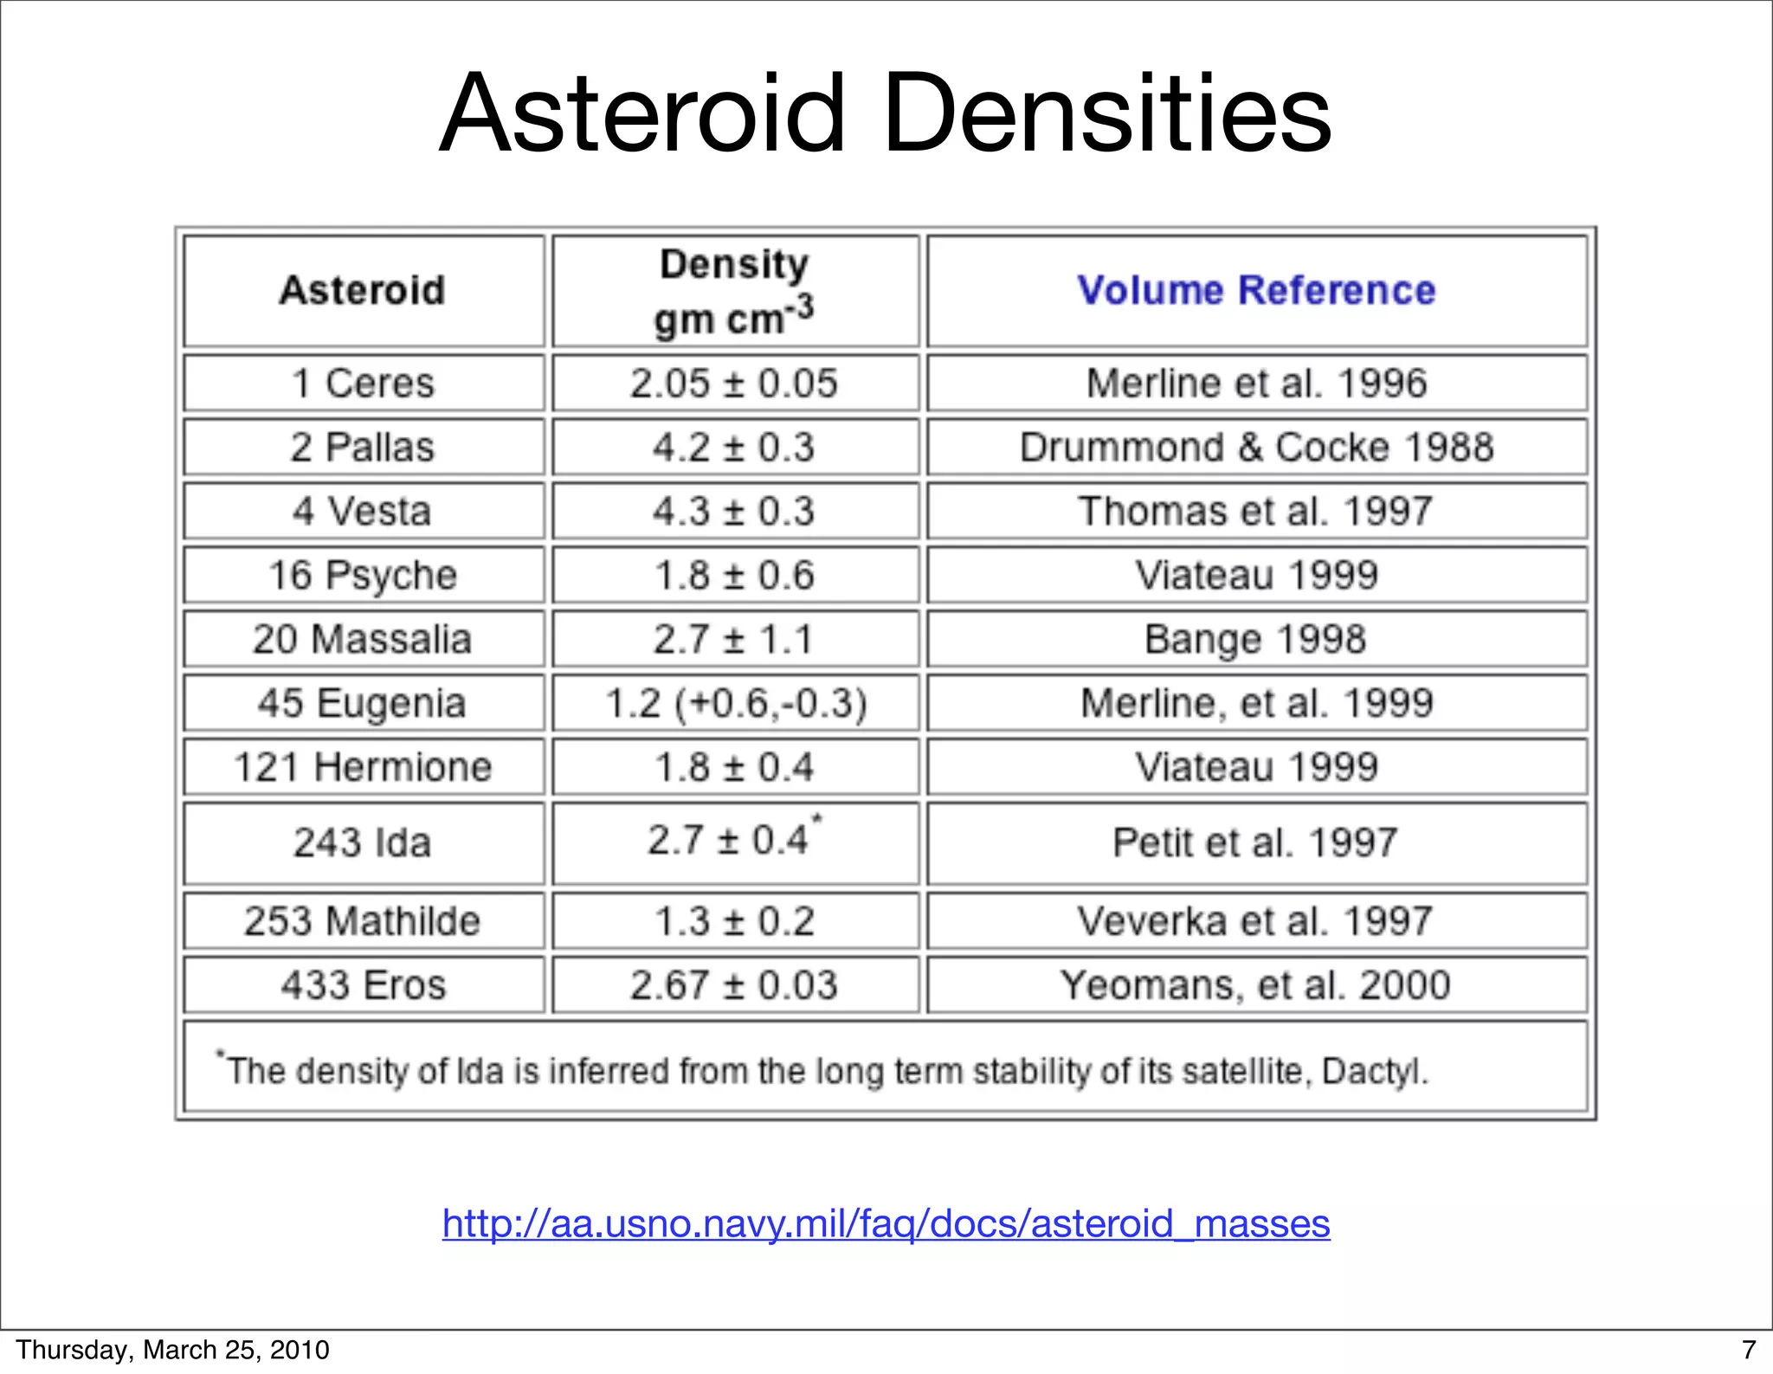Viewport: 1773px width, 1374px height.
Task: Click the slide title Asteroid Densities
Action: (885, 113)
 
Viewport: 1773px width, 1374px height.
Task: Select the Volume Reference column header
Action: (1256, 290)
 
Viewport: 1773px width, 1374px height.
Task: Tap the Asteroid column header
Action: (363, 290)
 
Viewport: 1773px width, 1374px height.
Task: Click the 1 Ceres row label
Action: (363, 383)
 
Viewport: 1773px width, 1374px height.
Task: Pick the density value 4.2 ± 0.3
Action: (734, 448)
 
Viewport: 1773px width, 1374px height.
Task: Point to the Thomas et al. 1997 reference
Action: (1256, 511)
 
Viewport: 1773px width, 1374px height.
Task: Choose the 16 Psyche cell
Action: (363, 575)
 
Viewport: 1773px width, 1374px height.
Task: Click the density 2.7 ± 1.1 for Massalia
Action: (734, 639)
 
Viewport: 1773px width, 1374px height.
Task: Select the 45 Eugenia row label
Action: (363, 703)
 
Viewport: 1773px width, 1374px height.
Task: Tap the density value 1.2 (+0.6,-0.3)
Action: (736, 703)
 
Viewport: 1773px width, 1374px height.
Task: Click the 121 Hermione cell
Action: (363, 767)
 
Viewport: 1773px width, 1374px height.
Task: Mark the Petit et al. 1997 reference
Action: (1256, 842)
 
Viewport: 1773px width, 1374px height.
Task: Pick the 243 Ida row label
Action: (363, 842)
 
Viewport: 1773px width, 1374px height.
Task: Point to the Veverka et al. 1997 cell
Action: (1256, 920)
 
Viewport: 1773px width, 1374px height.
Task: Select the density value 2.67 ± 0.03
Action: (734, 984)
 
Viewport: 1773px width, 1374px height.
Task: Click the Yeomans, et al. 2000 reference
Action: (1256, 984)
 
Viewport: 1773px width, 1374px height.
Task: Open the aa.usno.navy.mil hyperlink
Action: (886, 1223)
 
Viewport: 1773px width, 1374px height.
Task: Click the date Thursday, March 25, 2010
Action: (172, 1350)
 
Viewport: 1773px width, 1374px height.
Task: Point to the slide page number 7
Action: (1749, 1350)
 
